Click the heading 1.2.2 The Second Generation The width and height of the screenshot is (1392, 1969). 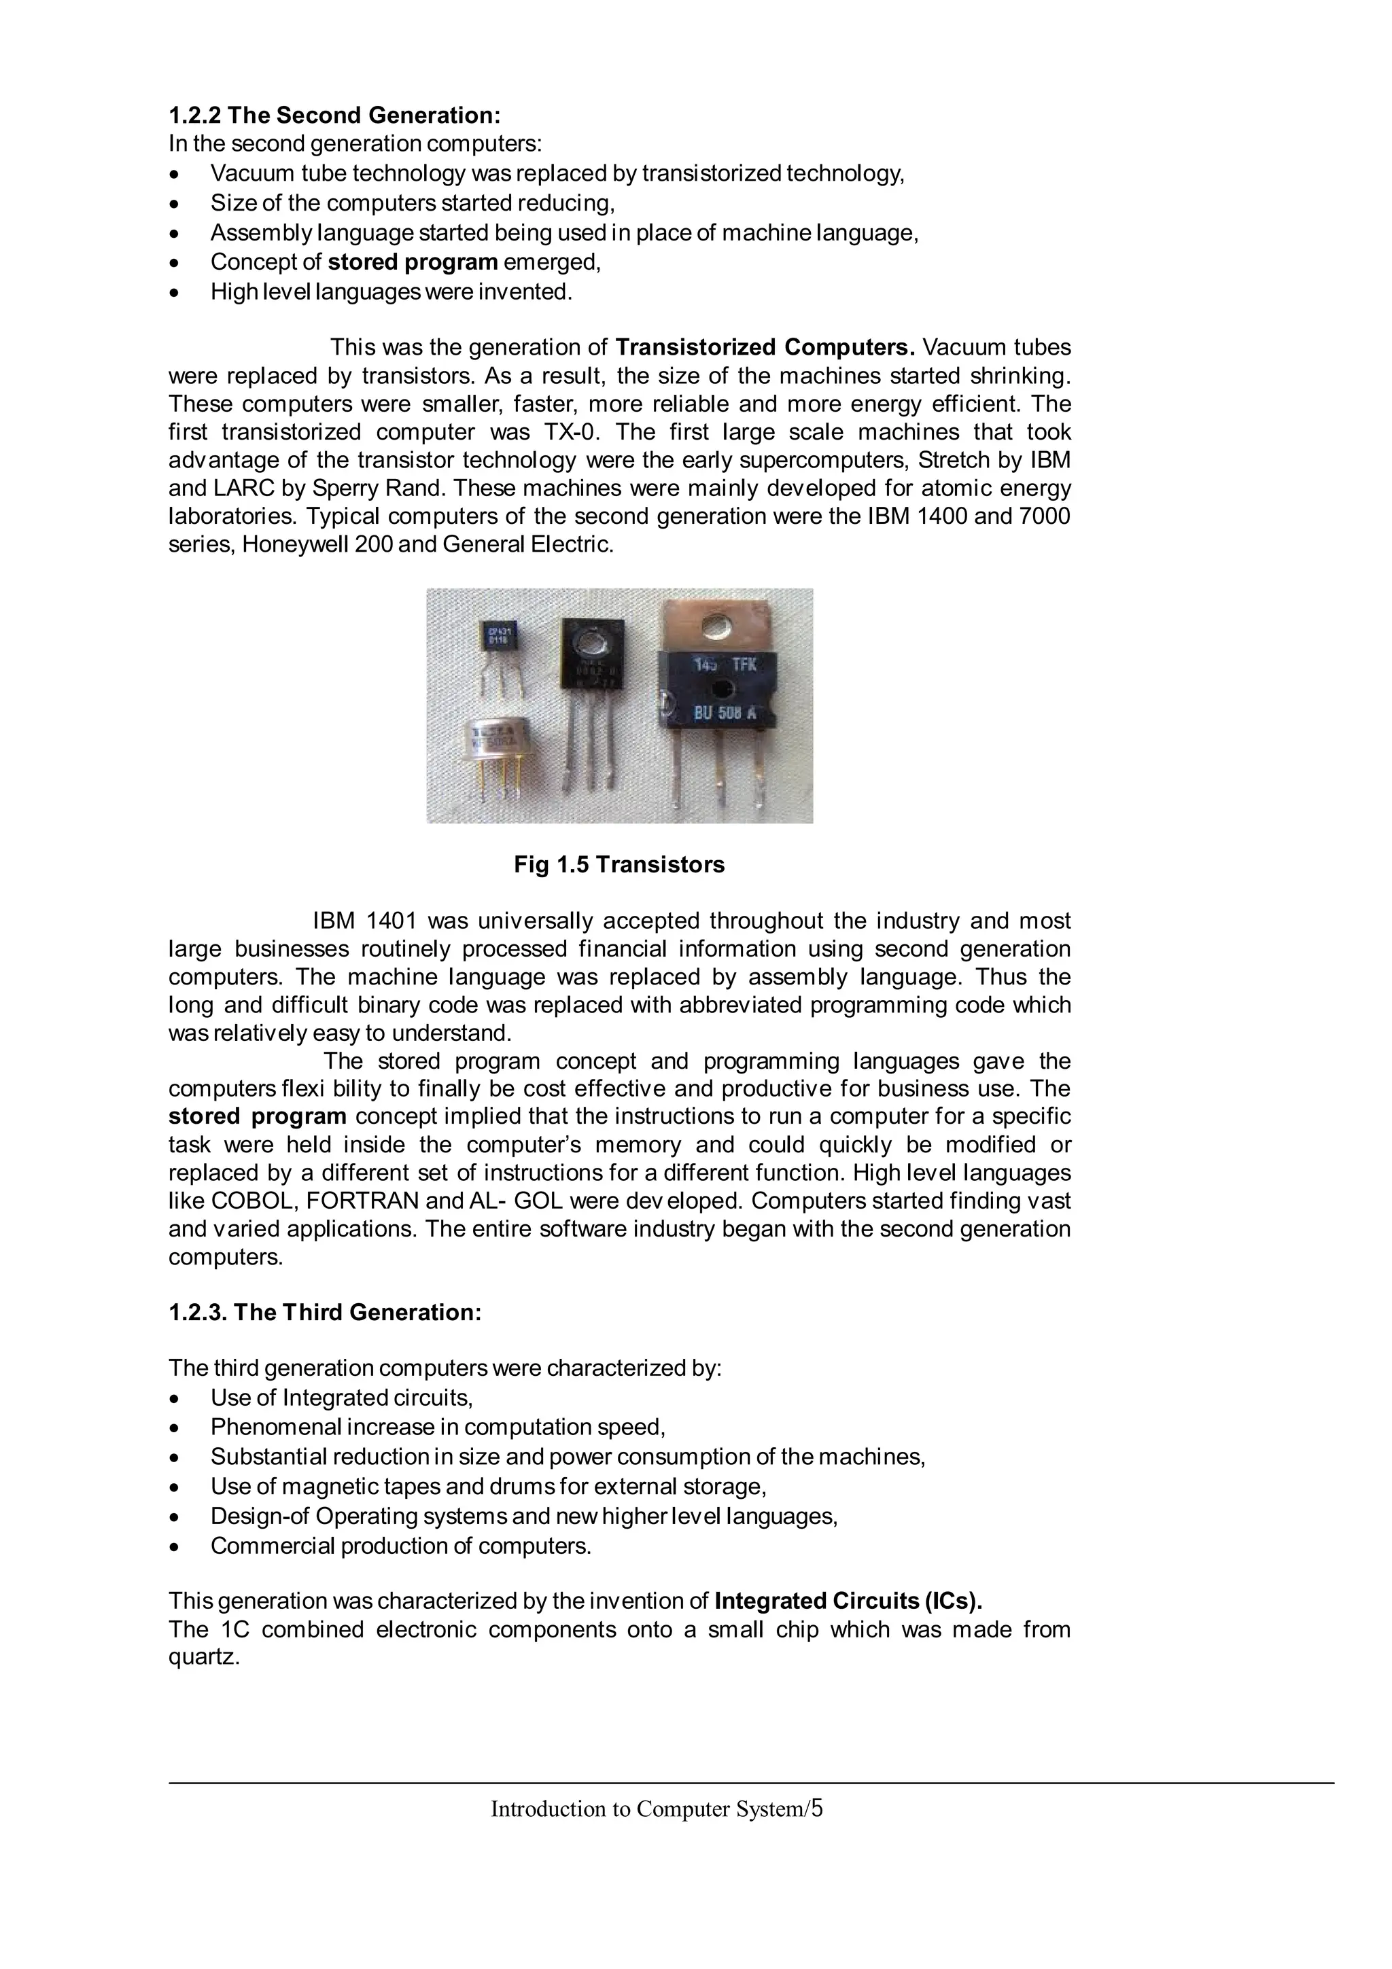334,115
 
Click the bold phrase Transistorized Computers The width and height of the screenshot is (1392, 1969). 765,347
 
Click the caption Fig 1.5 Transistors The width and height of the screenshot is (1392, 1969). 619,864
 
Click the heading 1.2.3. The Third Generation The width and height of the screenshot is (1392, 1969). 325,1312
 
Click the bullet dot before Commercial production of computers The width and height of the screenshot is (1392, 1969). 176,1546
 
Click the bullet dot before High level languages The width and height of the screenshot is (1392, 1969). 176,292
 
